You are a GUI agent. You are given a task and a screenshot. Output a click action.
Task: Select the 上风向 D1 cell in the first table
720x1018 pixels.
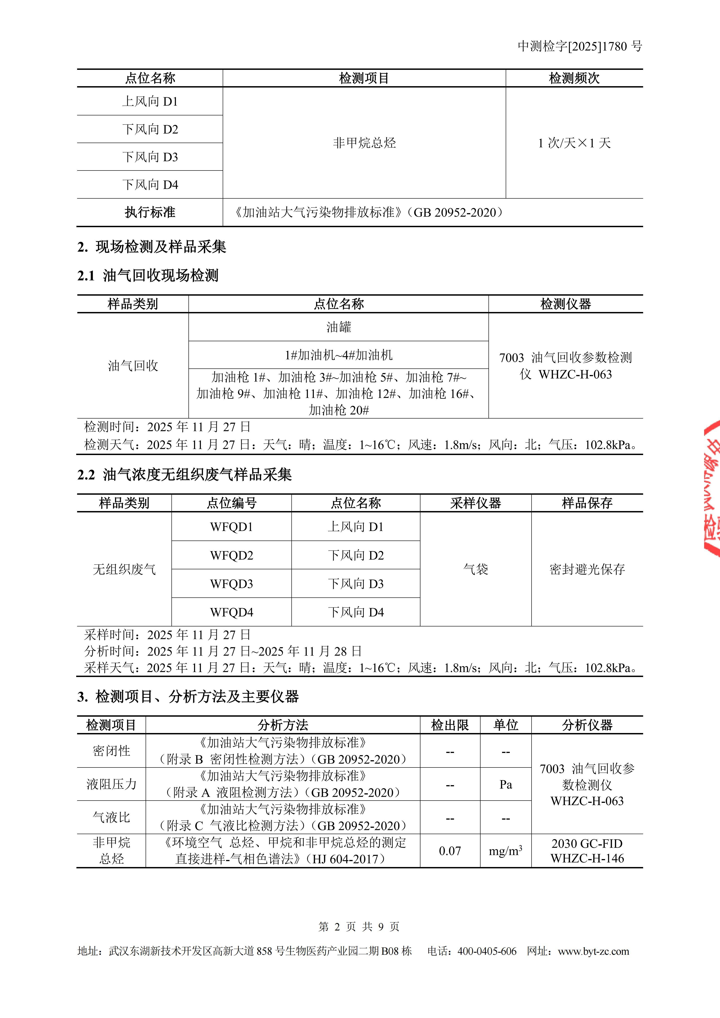point(150,102)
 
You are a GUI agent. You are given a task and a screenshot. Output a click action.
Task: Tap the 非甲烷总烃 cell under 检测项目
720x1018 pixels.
point(364,143)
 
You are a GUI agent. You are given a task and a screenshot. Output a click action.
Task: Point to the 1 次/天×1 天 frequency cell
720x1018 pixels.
point(574,143)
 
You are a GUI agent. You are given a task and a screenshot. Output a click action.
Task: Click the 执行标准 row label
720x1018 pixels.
point(150,212)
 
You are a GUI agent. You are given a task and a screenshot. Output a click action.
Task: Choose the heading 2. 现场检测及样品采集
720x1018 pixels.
point(152,247)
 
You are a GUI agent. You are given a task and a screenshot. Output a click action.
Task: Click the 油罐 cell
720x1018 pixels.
point(339,327)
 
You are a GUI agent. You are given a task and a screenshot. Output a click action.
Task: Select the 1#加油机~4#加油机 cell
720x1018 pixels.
point(339,355)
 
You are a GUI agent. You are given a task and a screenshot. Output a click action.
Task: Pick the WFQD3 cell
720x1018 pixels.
point(232,584)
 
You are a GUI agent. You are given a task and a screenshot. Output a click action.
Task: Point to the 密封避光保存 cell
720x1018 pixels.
point(587,569)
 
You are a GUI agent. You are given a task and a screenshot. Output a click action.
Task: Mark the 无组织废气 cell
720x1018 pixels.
point(124,569)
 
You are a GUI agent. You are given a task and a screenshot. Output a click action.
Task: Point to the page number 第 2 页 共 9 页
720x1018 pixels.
point(359,927)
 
